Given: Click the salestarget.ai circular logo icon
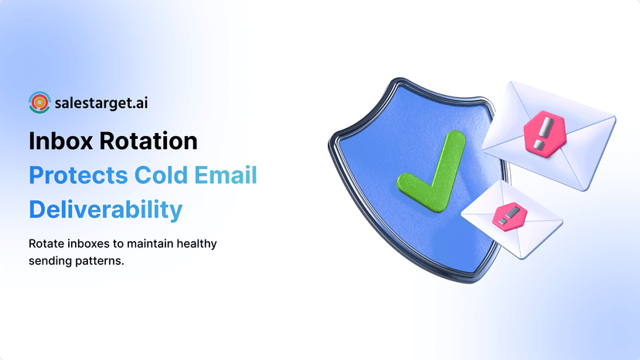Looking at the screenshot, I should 39,102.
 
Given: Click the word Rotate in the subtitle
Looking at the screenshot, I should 46,244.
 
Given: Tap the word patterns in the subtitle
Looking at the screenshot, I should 102,260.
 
